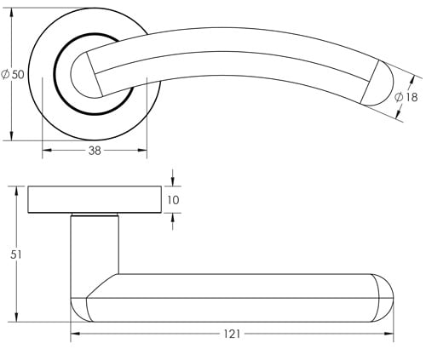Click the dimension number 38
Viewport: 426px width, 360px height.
(95, 151)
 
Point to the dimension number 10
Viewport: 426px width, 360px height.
(174, 200)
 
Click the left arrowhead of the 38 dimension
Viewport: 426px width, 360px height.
(45, 151)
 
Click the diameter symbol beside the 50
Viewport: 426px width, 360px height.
(7, 75)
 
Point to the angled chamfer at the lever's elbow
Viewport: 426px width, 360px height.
(101, 286)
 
